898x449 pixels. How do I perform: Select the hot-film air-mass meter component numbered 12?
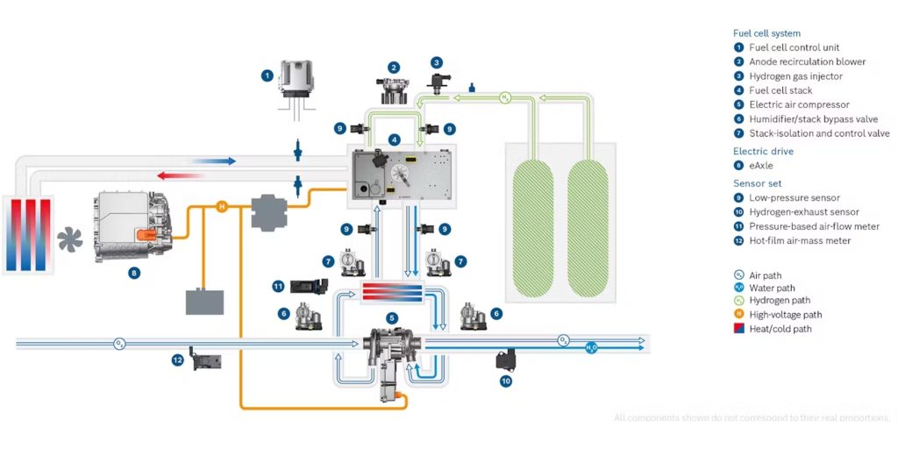point(203,360)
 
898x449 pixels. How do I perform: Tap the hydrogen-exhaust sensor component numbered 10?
point(506,360)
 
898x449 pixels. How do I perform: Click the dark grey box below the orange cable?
point(203,301)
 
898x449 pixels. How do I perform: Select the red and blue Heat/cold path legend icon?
point(738,329)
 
